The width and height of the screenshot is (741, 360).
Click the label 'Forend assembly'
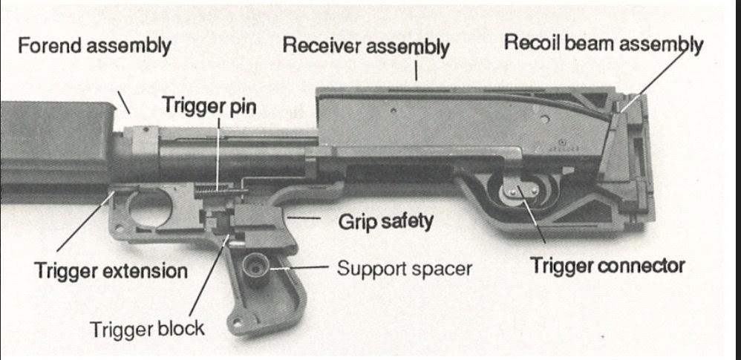(x=94, y=46)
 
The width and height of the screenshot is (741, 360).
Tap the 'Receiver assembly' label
(x=365, y=46)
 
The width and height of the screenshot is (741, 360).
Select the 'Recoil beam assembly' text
(x=603, y=43)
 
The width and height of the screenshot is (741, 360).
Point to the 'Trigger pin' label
(x=209, y=106)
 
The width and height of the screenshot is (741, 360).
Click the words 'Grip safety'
(x=385, y=221)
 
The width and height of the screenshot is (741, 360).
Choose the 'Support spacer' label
(x=404, y=267)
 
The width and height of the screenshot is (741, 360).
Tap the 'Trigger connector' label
(x=607, y=265)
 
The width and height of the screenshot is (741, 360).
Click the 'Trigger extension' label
(x=111, y=270)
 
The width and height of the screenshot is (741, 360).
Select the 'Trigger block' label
(x=147, y=327)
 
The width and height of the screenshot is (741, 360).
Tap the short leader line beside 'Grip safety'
(x=301, y=219)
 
